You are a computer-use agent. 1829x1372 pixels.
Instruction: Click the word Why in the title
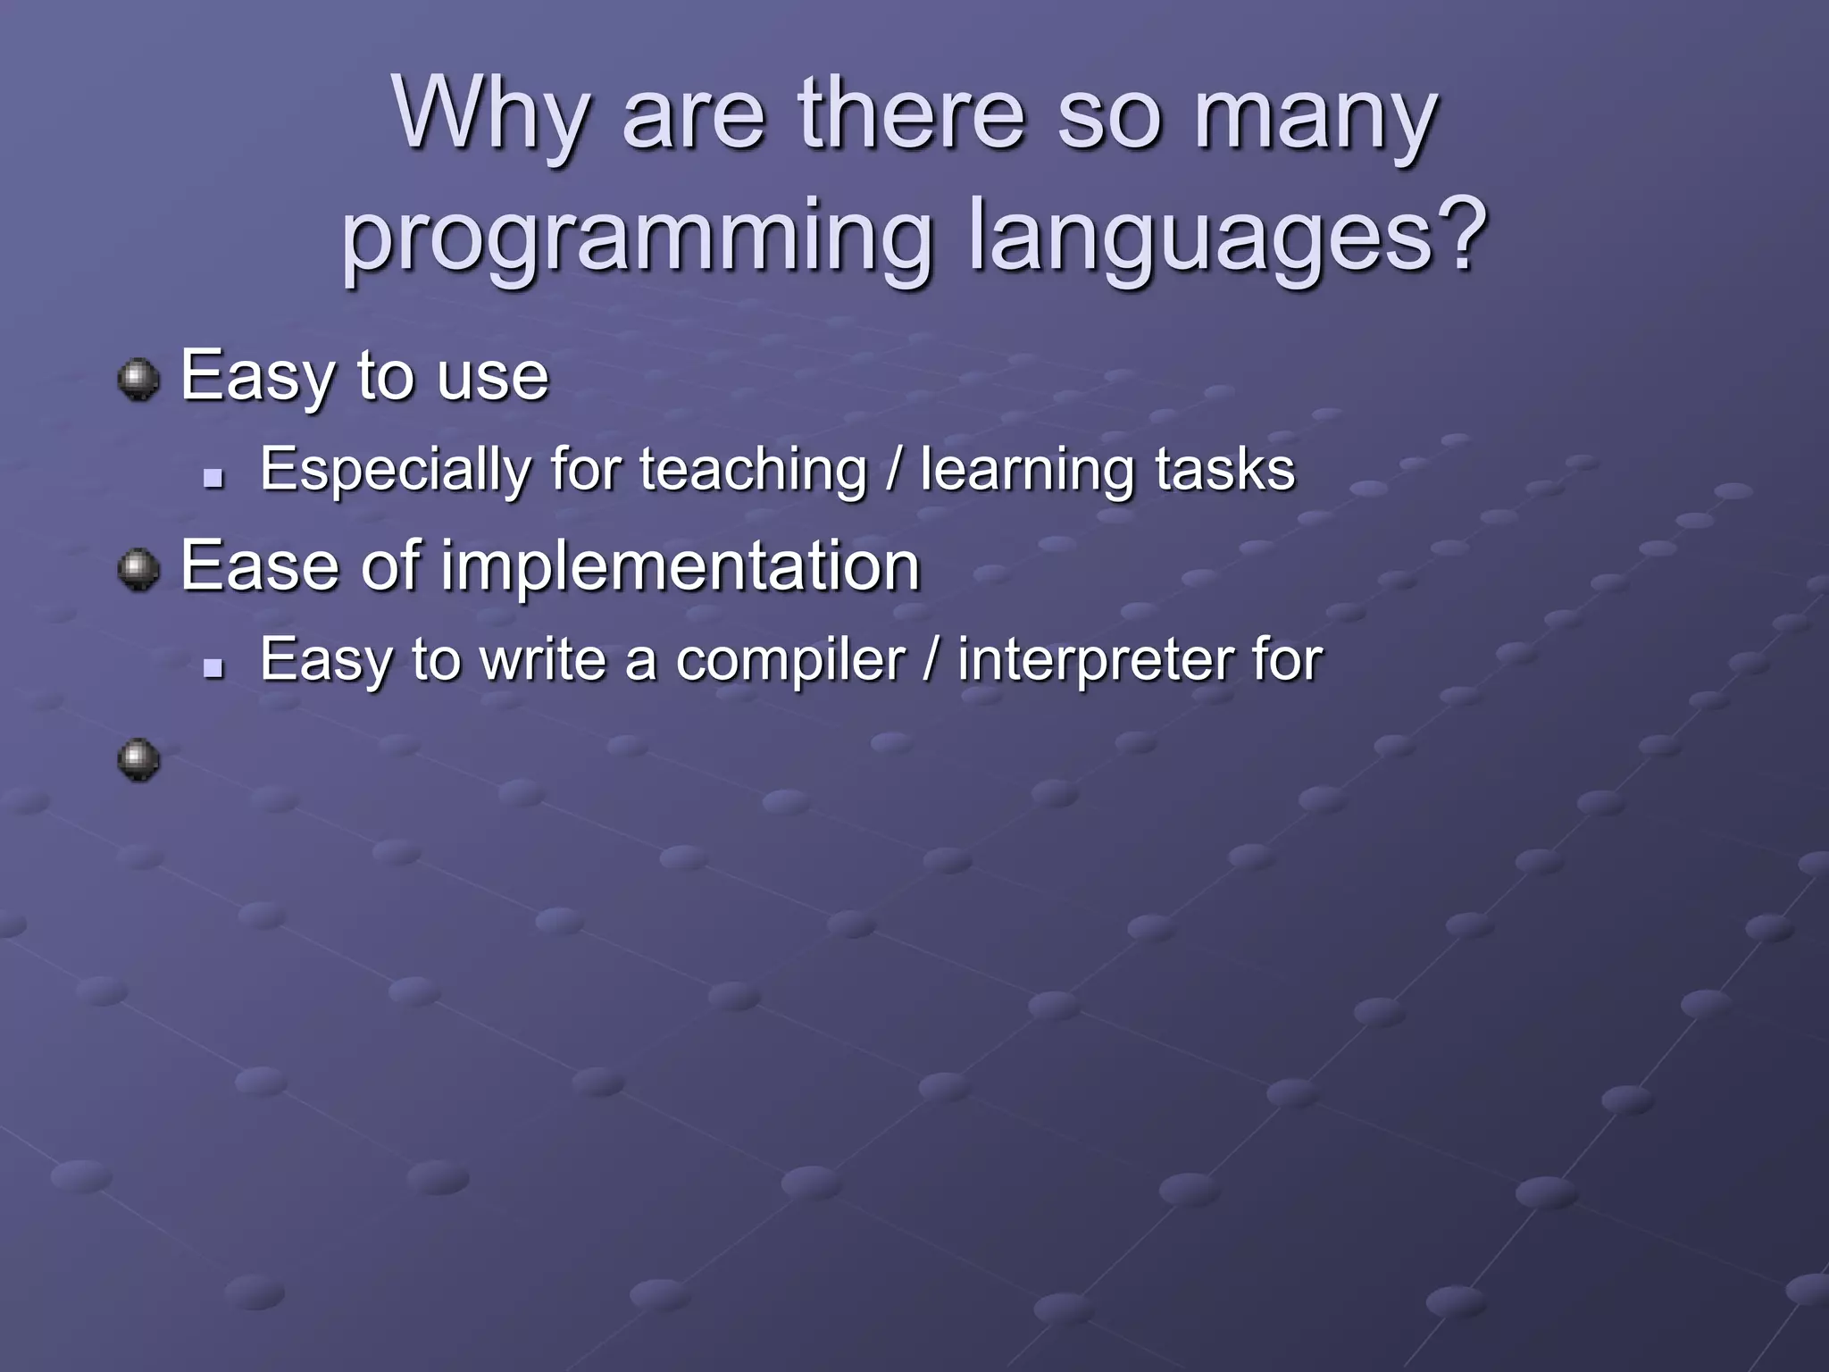click(491, 114)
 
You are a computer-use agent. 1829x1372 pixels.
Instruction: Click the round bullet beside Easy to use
click(138, 380)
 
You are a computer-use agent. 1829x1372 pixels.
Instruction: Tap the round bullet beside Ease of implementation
click(138, 569)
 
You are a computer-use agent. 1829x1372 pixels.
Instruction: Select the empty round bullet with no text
click(138, 760)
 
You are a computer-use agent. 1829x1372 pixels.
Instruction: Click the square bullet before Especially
click(213, 480)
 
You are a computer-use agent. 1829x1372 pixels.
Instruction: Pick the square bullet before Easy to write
click(213, 667)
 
